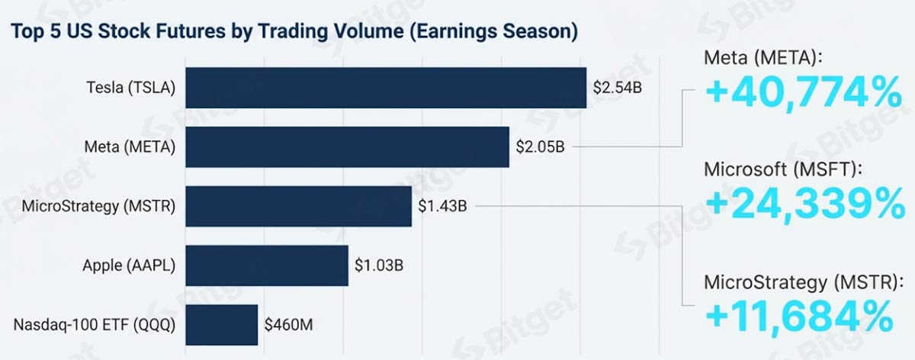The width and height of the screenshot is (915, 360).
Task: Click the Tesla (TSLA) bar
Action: pyautogui.click(x=386, y=87)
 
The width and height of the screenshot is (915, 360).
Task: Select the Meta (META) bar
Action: pyautogui.click(x=347, y=146)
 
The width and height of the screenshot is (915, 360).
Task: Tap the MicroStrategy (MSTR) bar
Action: pyautogui.click(x=298, y=205)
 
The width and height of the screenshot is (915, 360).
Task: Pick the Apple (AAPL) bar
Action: pyautogui.click(x=267, y=265)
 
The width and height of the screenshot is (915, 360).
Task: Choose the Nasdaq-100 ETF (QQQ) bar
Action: pyautogui.click(x=221, y=325)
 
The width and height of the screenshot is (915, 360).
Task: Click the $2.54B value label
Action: pyautogui.click(x=618, y=87)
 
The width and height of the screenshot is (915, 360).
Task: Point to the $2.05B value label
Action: pyautogui.click(x=540, y=146)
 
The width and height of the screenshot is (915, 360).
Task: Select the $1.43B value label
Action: pyautogui.click(x=442, y=206)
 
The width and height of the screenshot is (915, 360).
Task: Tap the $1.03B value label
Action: pyautogui.click(x=379, y=265)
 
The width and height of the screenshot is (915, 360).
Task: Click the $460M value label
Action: pyautogui.click(x=289, y=325)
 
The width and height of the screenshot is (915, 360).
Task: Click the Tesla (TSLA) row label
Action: pyautogui.click(x=130, y=88)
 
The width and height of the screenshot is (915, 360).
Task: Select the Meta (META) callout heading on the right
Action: pyautogui.click(x=763, y=58)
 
